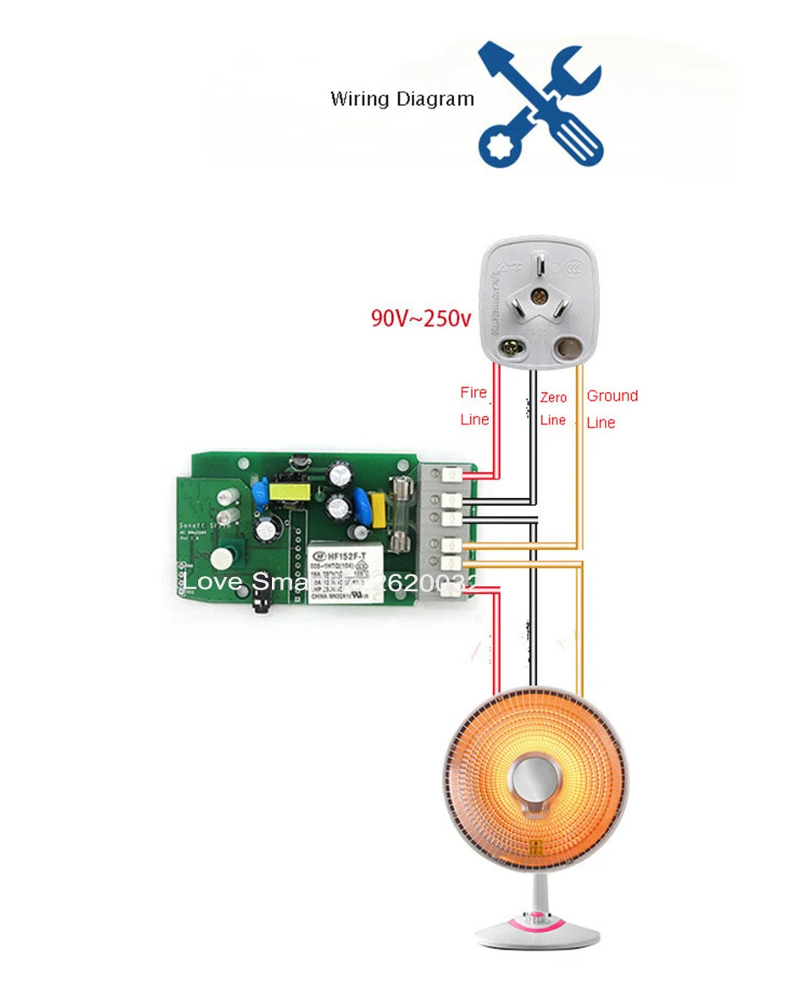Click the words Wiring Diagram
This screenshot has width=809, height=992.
pyautogui.click(x=402, y=99)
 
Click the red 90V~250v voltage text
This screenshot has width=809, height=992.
pyautogui.click(x=421, y=319)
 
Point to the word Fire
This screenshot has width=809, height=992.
pyautogui.click(x=474, y=392)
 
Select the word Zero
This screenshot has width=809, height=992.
pyautogui.click(x=552, y=397)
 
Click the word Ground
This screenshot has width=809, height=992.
pyautogui.click(x=612, y=396)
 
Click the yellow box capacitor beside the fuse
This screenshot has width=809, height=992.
pyautogui.click(x=378, y=510)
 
